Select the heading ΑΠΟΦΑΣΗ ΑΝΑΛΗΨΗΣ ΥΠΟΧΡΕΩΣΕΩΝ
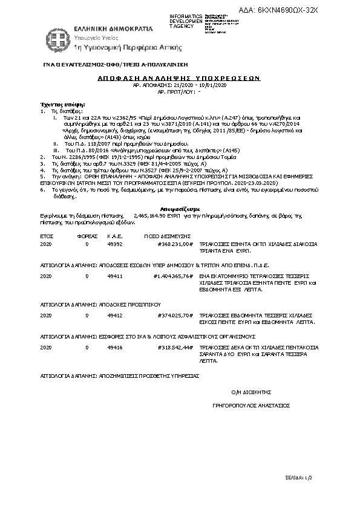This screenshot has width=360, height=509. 178,79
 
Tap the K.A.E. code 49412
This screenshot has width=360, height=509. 114,315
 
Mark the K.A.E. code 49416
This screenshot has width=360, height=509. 114,348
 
